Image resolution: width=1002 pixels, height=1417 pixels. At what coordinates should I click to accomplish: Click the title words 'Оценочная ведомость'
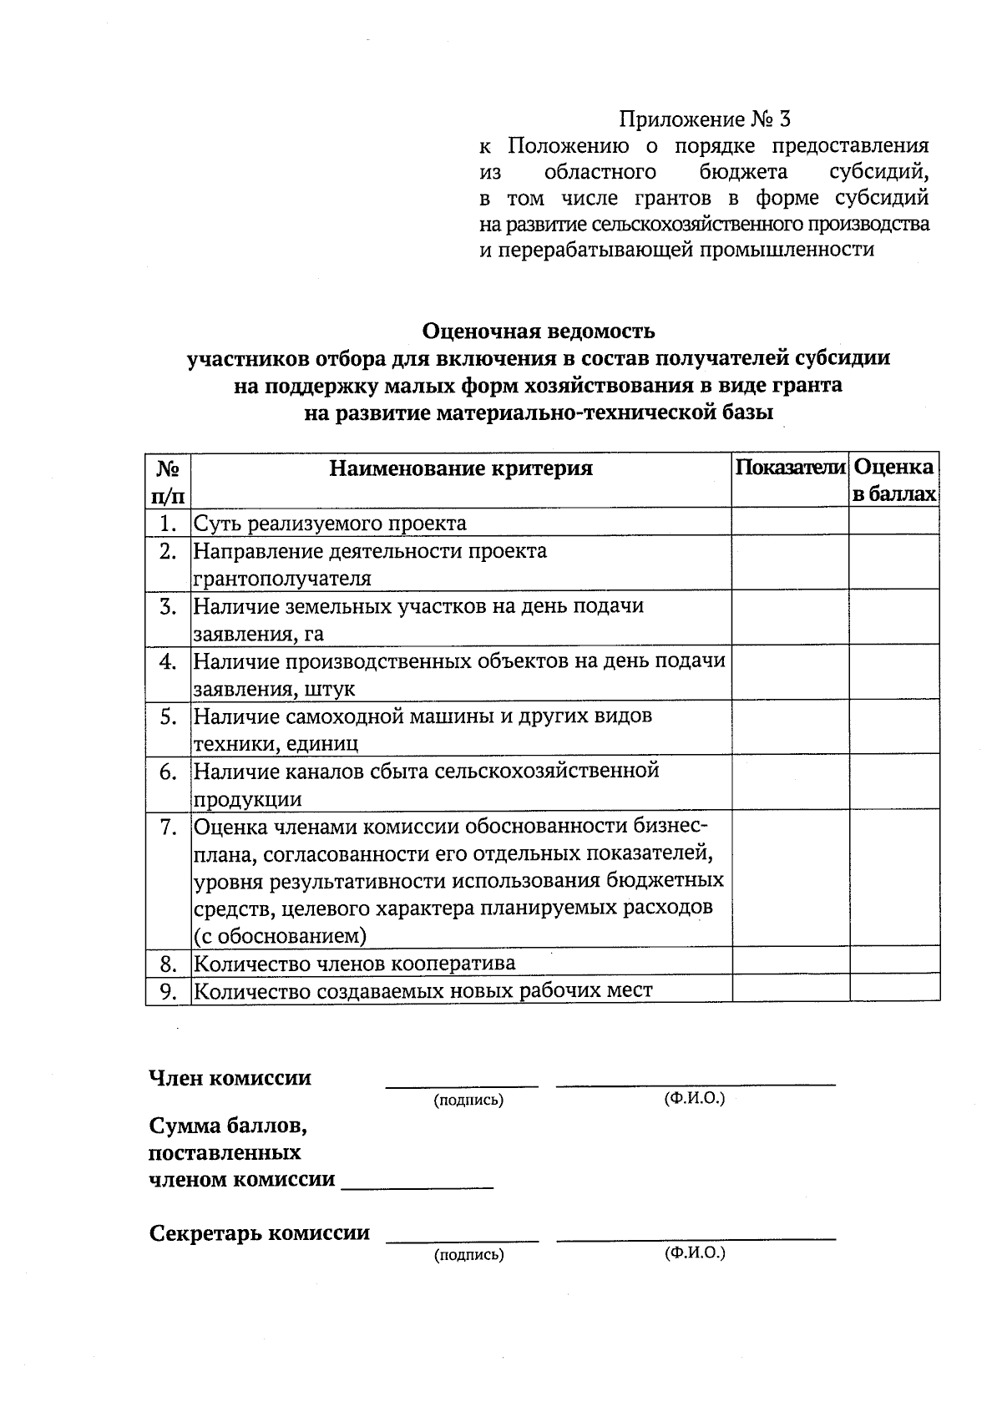click(x=539, y=331)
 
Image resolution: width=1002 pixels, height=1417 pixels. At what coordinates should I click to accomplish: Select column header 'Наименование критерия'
click(x=461, y=468)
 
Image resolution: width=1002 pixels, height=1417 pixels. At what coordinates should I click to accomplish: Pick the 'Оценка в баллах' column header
click(x=894, y=480)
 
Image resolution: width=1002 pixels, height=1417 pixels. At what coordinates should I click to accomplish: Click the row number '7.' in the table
click(x=169, y=827)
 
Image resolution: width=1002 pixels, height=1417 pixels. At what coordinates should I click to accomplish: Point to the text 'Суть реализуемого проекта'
click(x=330, y=524)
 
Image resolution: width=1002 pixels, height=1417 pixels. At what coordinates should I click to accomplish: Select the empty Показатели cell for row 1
click(x=790, y=522)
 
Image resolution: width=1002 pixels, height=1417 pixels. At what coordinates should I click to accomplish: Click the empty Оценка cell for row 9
click(x=894, y=989)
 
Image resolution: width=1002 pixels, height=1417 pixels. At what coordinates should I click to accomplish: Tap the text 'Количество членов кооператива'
click(x=355, y=964)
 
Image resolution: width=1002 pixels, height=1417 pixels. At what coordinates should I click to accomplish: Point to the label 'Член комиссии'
click(x=230, y=1078)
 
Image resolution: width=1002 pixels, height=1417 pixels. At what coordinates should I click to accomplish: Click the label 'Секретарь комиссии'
click(x=259, y=1233)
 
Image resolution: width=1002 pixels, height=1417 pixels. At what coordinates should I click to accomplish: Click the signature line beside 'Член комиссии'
click(x=462, y=1084)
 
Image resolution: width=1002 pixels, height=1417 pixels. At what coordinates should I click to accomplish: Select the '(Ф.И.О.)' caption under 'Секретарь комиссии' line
click(x=695, y=1253)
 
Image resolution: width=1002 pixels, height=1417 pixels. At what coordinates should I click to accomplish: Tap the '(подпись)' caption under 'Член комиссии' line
click(x=468, y=1100)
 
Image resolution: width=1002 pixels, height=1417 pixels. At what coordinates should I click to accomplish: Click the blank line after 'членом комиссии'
click(x=417, y=1185)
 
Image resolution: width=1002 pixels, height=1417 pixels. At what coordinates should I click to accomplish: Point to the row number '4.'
click(x=169, y=661)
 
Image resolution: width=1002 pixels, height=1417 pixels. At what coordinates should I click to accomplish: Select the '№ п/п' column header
click(x=168, y=480)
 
